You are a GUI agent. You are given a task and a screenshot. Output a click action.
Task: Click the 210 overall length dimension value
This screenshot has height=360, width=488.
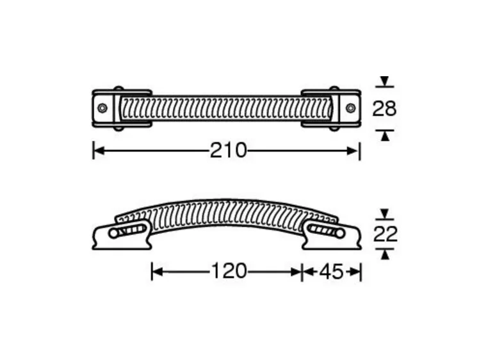click(228, 151)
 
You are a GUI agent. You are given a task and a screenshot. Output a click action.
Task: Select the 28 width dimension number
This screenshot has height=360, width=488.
click(384, 109)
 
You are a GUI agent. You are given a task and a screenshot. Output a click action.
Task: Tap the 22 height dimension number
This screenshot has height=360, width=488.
click(384, 234)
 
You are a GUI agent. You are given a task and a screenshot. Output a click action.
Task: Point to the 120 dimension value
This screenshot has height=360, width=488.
click(228, 272)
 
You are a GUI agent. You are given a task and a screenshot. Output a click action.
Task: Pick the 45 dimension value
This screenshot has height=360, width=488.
click(331, 272)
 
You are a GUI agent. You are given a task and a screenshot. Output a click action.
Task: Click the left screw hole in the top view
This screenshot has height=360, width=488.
click(102, 108)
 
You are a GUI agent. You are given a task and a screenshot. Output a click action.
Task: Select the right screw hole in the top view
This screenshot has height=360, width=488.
click(350, 108)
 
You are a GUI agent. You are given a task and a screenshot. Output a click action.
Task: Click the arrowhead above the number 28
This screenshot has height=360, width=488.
click(384, 81)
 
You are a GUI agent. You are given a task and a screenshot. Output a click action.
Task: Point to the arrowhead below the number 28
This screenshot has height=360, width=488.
click(384, 135)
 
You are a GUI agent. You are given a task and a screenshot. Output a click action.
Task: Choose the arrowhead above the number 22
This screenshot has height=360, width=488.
click(384, 213)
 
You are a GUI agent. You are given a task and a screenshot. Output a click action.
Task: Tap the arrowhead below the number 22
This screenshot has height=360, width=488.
click(384, 255)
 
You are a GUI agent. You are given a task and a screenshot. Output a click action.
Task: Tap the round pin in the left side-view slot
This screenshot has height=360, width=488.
click(113, 233)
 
